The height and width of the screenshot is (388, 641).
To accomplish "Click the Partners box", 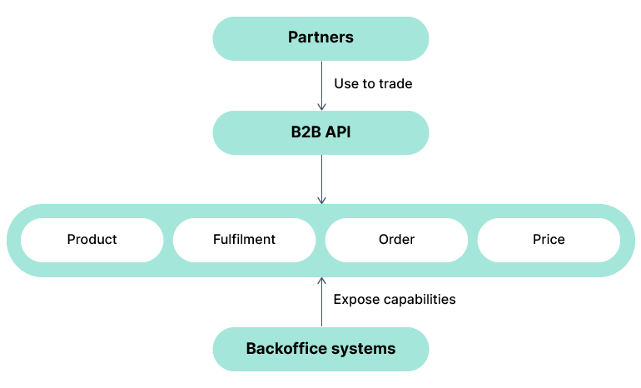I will pos(320,37).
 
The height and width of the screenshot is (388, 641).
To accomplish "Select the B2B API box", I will pos(320,132).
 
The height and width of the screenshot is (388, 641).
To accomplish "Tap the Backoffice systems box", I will pos(320,348).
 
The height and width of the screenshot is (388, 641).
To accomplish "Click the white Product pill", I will pos(92,240).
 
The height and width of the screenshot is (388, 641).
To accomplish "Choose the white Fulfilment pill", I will pos(244,240).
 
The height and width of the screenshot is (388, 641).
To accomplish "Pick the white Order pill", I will pos(396,240).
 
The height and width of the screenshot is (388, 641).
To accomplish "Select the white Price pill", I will pos(549,240).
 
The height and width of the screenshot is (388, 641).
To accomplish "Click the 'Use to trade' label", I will pos(373,84).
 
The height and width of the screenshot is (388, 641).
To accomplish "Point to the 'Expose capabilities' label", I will pos(395,299).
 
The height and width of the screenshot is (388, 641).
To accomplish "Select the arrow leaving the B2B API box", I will pos(321,179).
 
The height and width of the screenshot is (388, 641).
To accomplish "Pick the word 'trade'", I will pos(395,84).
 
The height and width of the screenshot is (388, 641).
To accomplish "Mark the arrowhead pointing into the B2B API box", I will pos(321,107).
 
